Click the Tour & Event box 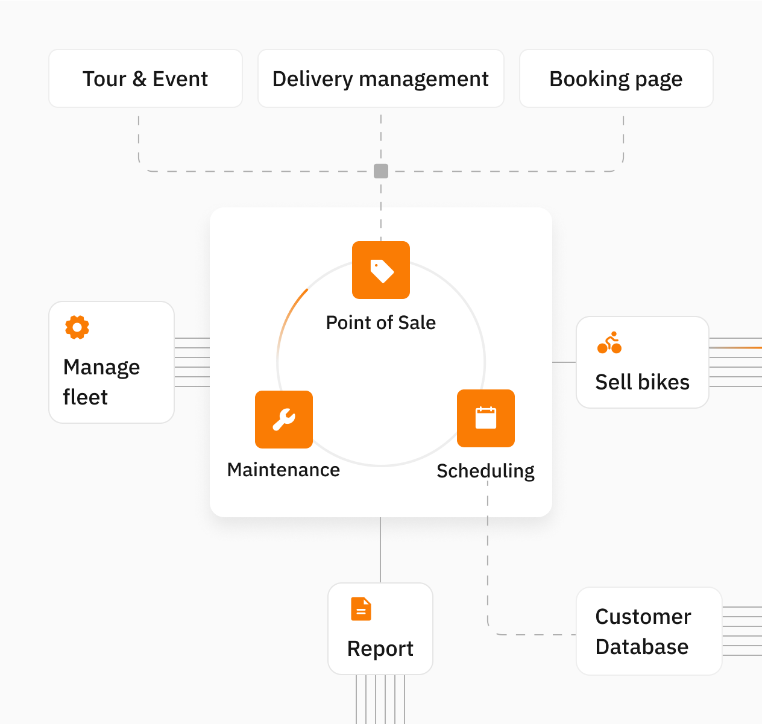(x=145, y=79)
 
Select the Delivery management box (x=380, y=79)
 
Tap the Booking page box (x=616, y=79)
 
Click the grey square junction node (x=381, y=171)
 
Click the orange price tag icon (x=381, y=270)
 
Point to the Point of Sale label (x=380, y=323)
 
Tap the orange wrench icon (x=284, y=420)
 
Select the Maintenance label (x=283, y=470)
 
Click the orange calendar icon (x=486, y=418)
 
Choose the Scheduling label (x=485, y=471)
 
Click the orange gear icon (x=77, y=327)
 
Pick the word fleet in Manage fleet (x=85, y=397)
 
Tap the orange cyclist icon (x=609, y=342)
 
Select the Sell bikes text (x=642, y=382)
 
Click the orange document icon (x=361, y=609)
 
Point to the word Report (x=380, y=649)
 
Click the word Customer (x=643, y=617)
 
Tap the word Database (x=641, y=647)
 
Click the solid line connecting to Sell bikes (x=564, y=362)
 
